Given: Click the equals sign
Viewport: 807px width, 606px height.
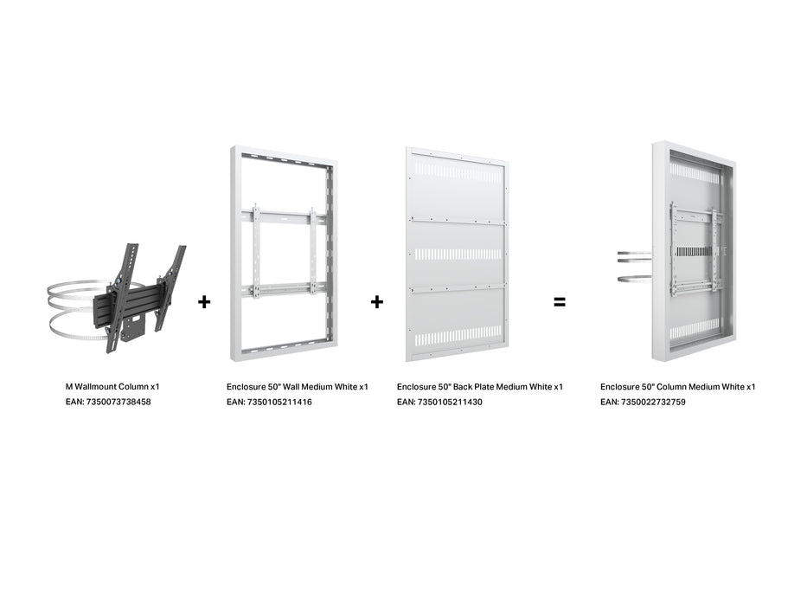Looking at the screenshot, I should point(560,302).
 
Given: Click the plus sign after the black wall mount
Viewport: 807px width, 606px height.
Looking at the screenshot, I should point(204,302).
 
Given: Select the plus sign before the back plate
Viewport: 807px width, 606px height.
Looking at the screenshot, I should point(377,302).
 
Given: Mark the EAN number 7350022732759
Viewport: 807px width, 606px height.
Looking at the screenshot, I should point(655,402).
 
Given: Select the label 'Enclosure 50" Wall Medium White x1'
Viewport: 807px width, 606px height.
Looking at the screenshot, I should point(297,386).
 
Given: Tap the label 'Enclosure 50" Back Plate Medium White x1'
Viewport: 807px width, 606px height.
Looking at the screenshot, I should point(480,386).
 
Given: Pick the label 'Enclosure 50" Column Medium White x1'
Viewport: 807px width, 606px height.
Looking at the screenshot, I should point(677,386).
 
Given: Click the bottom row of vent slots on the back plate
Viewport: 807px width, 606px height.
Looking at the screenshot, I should point(457,333).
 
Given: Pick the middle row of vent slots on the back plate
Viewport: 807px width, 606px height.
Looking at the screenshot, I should point(457,255).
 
